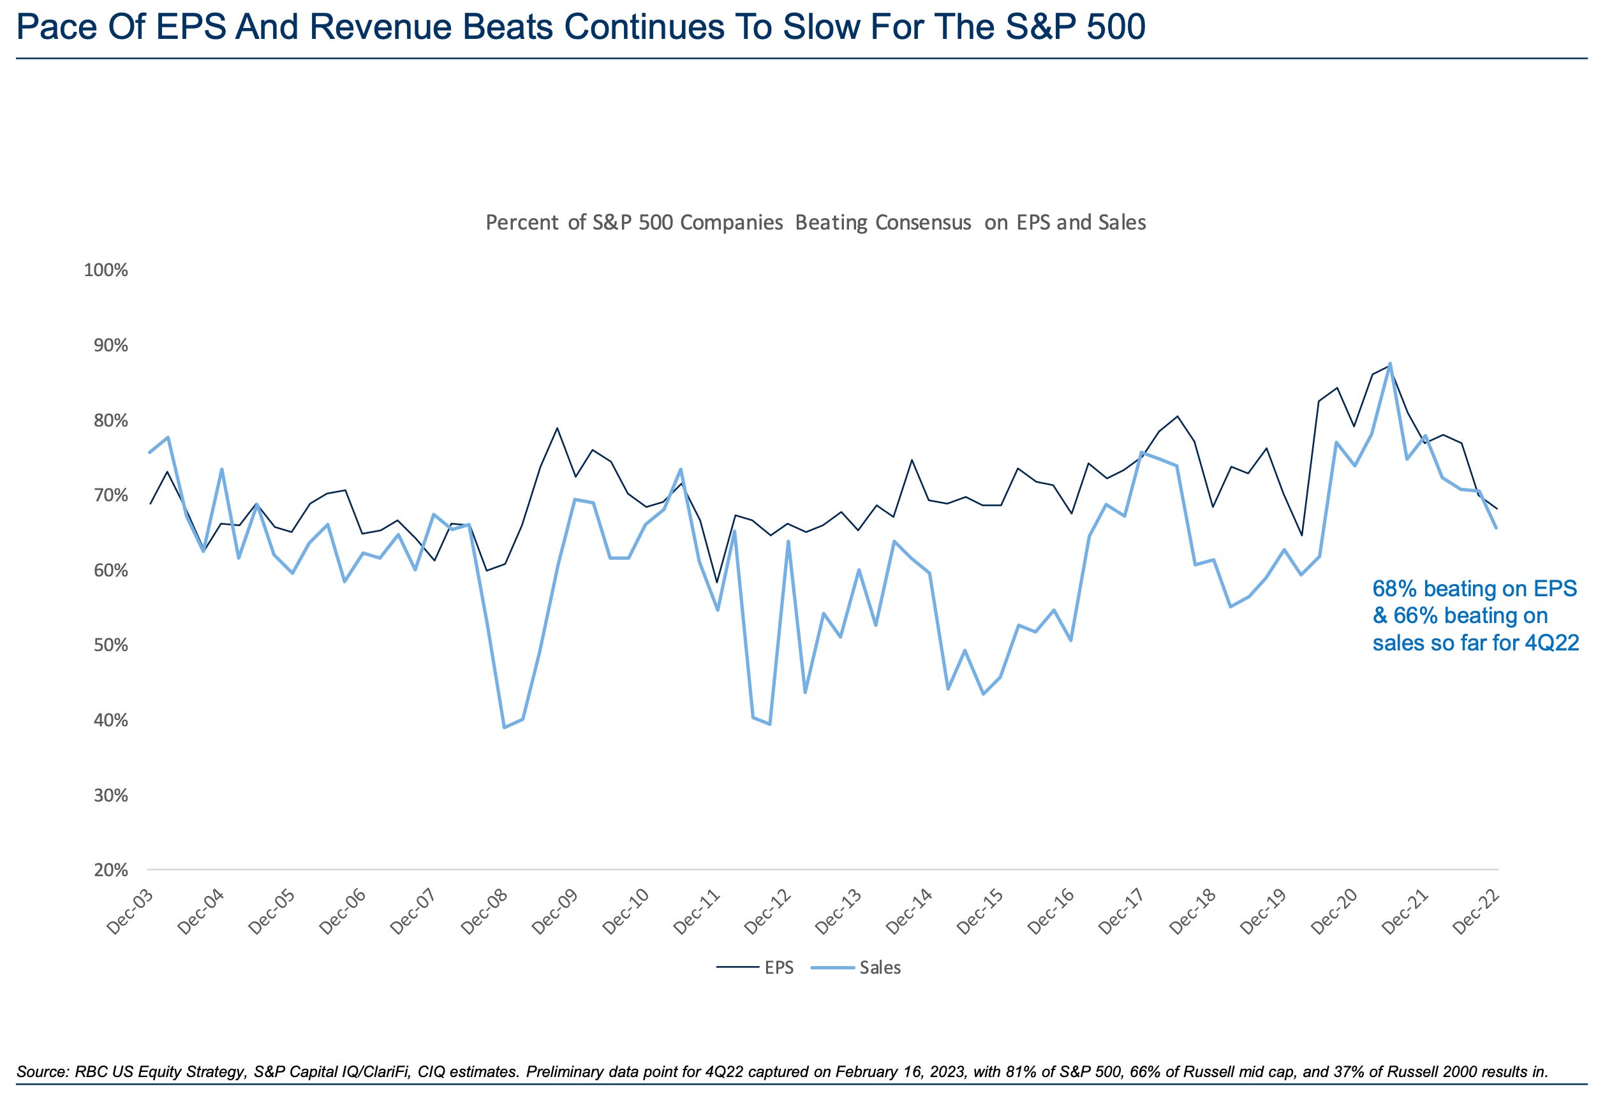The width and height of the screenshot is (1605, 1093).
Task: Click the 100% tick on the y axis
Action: pos(106,270)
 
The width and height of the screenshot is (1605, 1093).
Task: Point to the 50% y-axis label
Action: pos(109,645)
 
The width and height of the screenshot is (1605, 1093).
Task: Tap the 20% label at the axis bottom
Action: pos(109,870)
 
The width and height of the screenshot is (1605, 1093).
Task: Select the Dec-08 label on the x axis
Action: pos(485,911)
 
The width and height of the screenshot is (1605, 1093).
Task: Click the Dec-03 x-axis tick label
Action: pos(130,911)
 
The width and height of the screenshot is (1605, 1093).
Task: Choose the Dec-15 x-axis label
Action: pos(982,911)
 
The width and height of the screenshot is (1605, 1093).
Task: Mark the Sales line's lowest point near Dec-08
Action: pos(504,727)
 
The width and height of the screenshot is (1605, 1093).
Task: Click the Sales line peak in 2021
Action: pos(1389,364)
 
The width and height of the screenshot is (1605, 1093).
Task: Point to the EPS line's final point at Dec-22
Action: pos(1497,509)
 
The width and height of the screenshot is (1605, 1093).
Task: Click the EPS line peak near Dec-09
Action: pos(558,428)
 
